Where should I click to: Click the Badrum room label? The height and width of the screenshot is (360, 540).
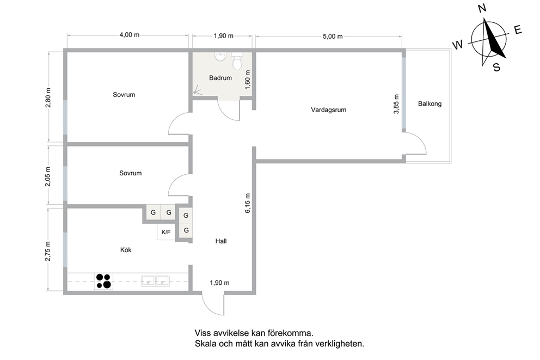click(x=220, y=78)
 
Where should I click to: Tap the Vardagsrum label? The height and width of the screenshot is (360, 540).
click(x=329, y=110)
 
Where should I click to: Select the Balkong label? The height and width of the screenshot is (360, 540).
click(x=430, y=103)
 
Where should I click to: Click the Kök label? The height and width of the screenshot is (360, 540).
click(x=126, y=250)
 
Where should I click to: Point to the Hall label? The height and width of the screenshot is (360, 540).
click(x=221, y=241)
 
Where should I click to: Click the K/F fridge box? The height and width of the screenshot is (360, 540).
click(x=166, y=232)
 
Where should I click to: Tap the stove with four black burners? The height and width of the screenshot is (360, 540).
click(x=103, y=281)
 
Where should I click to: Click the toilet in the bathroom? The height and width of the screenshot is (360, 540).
click(x=237, y=62)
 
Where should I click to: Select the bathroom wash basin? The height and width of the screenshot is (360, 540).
click(x=220, y=56)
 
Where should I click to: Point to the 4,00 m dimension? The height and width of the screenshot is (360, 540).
click(x=130, y=35)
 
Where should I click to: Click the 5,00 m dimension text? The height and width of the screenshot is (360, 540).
click(x=333, y=36)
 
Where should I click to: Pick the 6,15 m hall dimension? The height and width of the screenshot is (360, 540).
click(x=248, y=203)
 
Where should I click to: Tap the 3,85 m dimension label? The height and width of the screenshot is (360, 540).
click(x=396, y=104)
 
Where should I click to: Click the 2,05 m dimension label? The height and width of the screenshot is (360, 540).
click(x=48, y=176)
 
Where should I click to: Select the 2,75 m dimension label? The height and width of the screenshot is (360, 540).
click(x=48, y=251)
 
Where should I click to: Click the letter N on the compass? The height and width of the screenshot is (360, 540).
click(x=482, y=8)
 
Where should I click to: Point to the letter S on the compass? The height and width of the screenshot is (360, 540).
click(x=496, y=67)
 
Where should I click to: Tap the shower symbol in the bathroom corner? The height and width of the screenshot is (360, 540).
click(x=197, y=90)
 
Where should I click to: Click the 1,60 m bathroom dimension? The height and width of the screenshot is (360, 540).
click(x=248, y=80)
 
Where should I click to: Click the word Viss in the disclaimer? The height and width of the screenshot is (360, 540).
click(x=202, y=333)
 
